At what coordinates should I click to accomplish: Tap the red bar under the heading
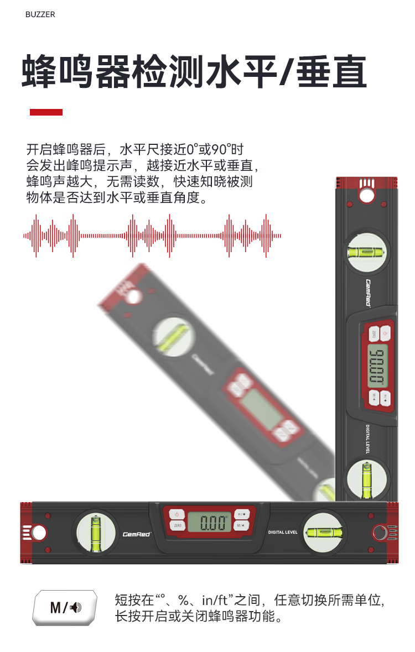(x=46, y=112)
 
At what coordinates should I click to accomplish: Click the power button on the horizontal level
(x=177, y=514)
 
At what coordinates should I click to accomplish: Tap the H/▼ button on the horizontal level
(x=241, y=514)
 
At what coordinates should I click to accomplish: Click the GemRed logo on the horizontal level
(x=136, y=534)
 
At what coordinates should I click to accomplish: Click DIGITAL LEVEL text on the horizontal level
(x=283, y=533)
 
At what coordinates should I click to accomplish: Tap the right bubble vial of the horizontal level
(x=325, y=533)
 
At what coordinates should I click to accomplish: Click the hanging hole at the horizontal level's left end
(x=39, y=533)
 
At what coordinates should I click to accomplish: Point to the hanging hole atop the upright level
(x=366, y=195)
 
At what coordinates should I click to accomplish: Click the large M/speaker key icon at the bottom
(x=65, y=608)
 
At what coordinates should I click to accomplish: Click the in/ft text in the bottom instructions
(x=216, y=601)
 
